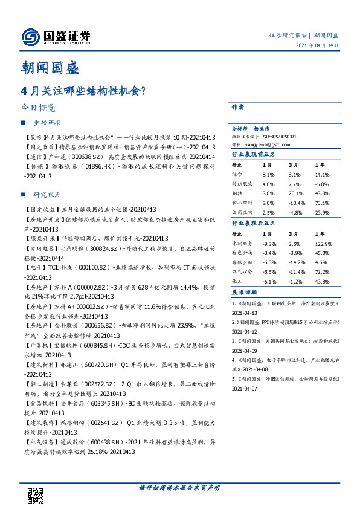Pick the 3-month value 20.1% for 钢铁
click(x=294, y=193)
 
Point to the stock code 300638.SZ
click(x=91, y=157)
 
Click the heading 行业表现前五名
click(x=254, y=155)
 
